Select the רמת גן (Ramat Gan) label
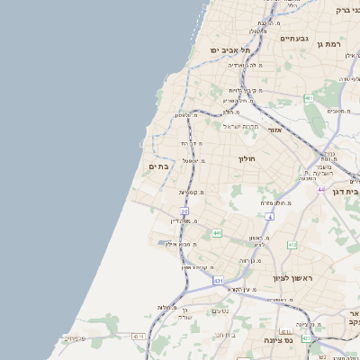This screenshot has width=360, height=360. [334, 43]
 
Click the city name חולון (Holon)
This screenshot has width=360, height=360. [248, 158]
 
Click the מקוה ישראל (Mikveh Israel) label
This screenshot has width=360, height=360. [240, 126]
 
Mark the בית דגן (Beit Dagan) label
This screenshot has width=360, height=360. [346, 191]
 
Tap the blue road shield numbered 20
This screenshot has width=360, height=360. [184, 211]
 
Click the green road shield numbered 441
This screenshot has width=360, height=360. [217, 234]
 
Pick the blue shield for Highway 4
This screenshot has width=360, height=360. [269, 217]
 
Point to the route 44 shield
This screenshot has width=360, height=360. [321, 190]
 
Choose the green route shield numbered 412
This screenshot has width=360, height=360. [292, 245]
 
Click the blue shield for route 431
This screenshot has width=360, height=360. [218, 281]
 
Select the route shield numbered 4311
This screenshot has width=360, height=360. [139, 337]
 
